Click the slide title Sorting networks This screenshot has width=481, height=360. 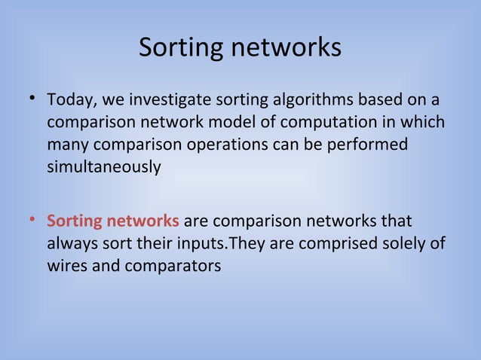click(x=240, y=48)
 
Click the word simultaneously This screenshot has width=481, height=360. click(x=103, y=166)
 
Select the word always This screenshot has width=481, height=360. click(x=70, y=244)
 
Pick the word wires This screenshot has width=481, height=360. click(x=66, y=266)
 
